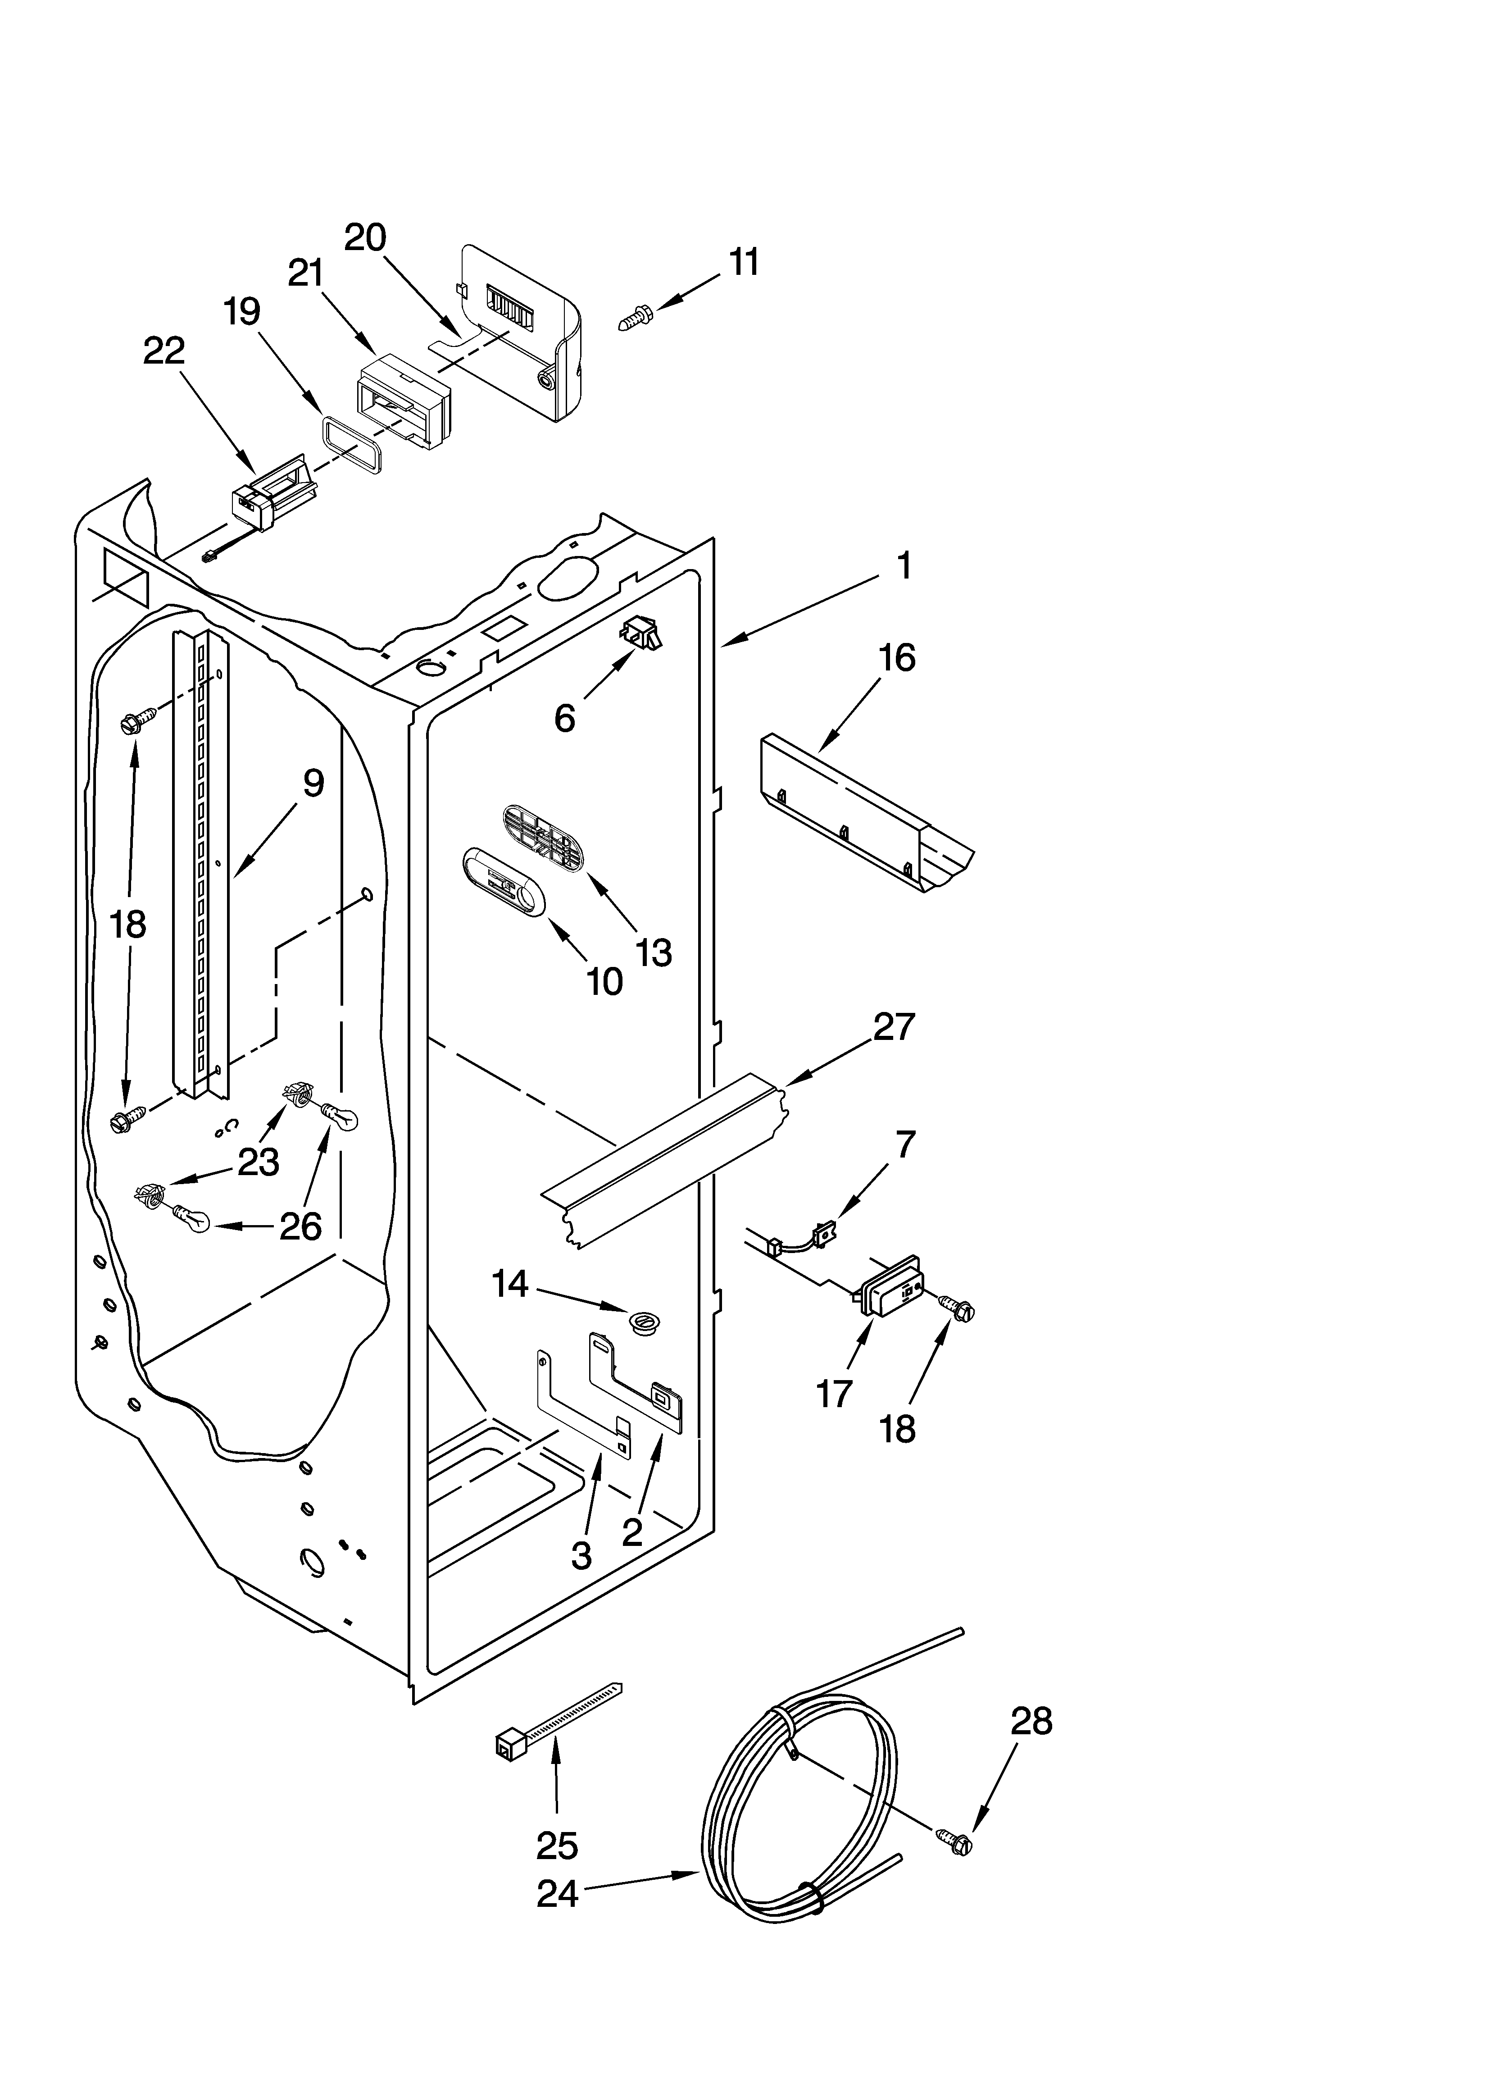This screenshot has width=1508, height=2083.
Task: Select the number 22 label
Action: (164, 350)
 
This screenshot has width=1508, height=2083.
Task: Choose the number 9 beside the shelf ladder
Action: (313, 783)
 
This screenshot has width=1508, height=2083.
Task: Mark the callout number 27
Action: (894, 1026)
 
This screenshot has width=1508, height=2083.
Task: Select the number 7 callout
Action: (904, 1144)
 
